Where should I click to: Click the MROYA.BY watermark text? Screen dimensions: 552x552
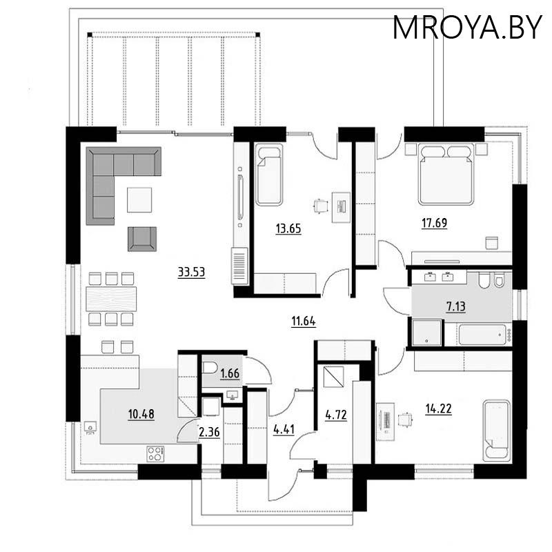pos(467,28)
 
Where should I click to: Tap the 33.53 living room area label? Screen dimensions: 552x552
pos(192,272)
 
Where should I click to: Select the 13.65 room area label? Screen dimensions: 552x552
pos(288,229)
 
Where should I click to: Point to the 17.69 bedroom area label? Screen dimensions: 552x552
pos(435,223)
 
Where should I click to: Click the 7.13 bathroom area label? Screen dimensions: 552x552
pos(456,306)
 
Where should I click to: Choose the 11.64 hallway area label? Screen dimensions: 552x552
pos(304,322)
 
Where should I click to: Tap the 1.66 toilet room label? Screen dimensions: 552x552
pos(230,373)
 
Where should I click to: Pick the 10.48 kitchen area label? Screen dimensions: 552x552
pos(141,415)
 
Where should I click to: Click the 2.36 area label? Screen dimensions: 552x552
pos(209,432)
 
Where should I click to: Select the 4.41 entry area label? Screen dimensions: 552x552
pos(284,429)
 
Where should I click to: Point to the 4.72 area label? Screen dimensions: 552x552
pos(336,415)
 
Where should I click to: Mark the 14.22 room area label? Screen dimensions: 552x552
pos(438,408)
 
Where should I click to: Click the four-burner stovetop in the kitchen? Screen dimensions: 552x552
pos(156,454)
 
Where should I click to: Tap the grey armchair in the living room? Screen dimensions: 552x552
pos(142,239)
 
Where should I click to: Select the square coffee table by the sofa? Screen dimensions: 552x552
pos(139,200)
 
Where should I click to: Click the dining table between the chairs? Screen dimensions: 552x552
pos(111,299)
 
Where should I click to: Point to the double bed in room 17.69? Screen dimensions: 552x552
pos(445,174)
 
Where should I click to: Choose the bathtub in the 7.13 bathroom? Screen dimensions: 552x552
pos(482,335)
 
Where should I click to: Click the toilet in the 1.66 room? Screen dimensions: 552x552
pos(210,368)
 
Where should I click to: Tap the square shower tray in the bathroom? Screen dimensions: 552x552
pos(426,333)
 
